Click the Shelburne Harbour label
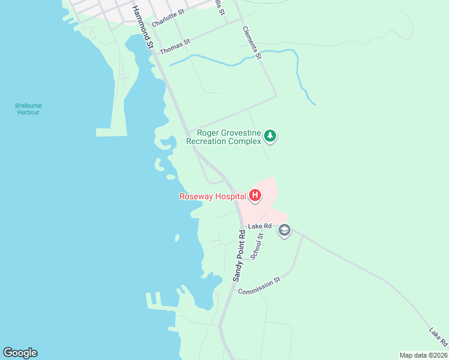[x=28, y=109]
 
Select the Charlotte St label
[x=168, y=19]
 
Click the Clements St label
[x=252, y=43]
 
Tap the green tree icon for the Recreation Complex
[x=271, y=136]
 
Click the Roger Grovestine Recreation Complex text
[x=224, y=137]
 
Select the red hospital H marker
[x=255, y=195]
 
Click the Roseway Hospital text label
[x=212, y=196]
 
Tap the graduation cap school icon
[x=285, y=231]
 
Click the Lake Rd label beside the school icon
[x=264, y=226]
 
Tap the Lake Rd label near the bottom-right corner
[x=438, y=337]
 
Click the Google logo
[x=20, y=353]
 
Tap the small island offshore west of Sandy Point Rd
[x=177, y=238]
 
